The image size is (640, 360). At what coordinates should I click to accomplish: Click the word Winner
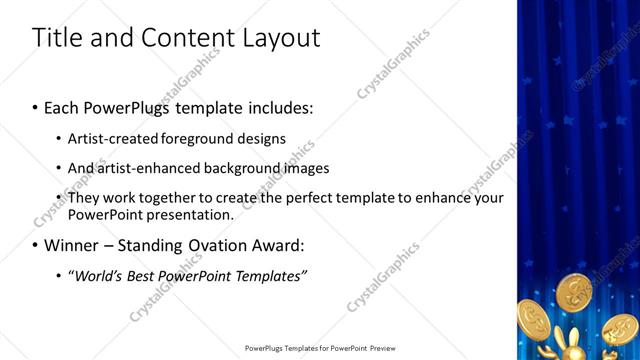point(72,245)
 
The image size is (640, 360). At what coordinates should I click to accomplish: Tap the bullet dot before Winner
point(36,245)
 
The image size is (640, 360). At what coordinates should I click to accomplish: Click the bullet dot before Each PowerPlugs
point(36,105)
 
